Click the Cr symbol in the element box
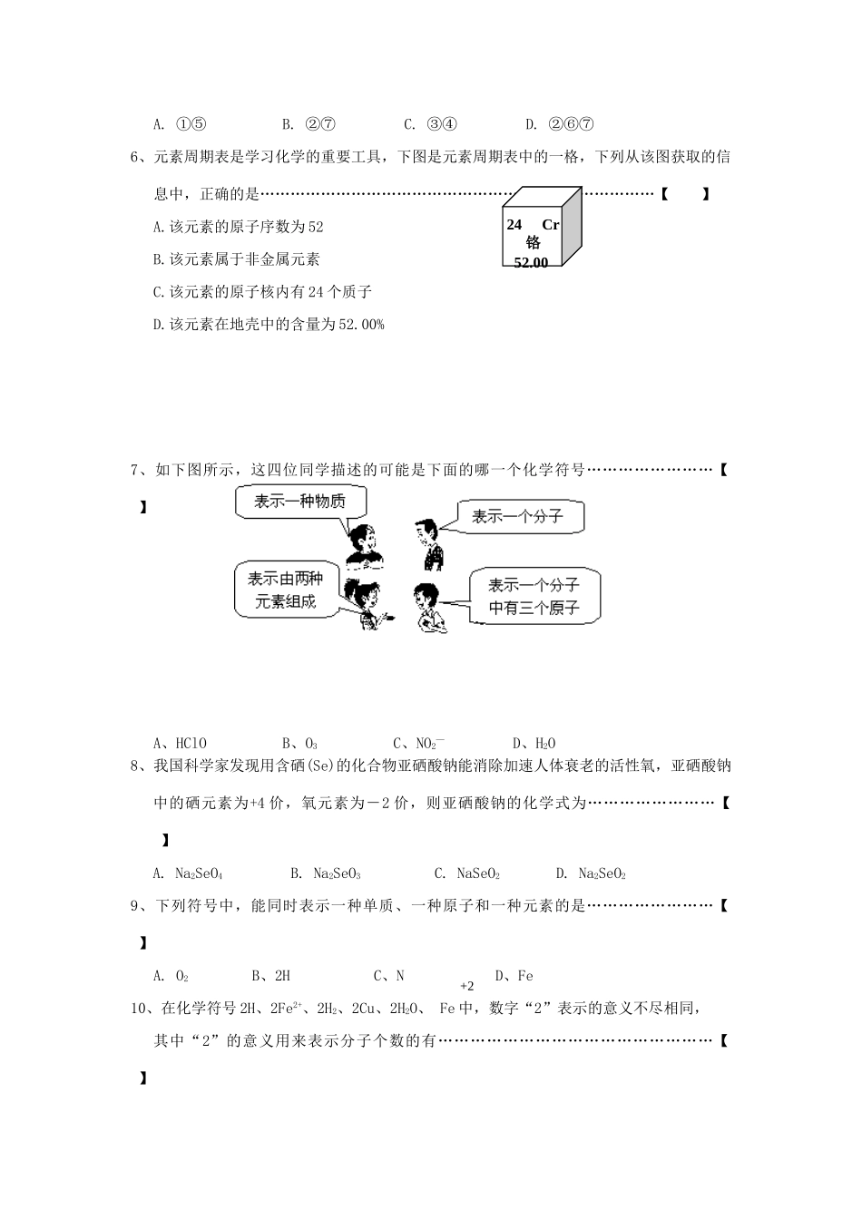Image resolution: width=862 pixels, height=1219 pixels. click(550, 225)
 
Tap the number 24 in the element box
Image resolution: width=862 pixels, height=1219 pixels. click(514, 224)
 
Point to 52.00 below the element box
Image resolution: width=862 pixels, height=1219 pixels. click(531, 263)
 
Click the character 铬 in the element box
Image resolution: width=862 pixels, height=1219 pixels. click(533, 243)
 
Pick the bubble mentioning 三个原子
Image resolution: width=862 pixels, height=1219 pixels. click(534, 596)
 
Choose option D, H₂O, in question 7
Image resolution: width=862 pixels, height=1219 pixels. click(534, 744)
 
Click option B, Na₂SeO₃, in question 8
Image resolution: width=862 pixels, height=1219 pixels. click(327, 874)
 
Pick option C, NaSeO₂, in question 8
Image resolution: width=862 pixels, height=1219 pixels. click(468, 874)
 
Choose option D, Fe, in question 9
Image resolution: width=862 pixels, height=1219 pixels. click(514, 977)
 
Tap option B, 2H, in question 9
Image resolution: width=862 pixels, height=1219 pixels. click(271, 977)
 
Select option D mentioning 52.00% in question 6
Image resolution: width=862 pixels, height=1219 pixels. click(269, 325)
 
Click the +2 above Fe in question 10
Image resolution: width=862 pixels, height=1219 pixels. click(467, 986)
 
